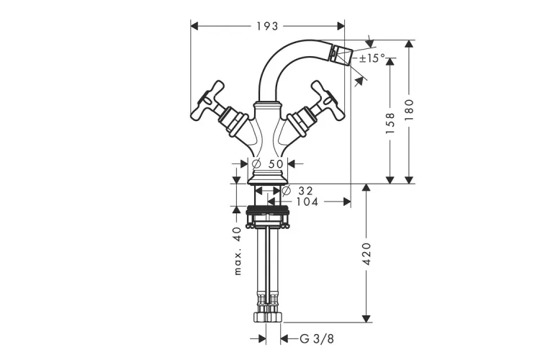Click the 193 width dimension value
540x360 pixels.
click(x=267, y=26)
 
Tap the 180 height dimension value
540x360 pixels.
click(x=409, y=110)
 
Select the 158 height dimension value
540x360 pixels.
click(x=390, y=123)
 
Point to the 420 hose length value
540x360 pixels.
click(x=367, y=254)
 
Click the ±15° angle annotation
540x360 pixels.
click(x=372, y=58)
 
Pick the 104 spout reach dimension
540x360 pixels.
click(x=307, y=202)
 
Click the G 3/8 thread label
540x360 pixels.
click(x=317, y=338)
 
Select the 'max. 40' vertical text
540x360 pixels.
click(x=238, y=251)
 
